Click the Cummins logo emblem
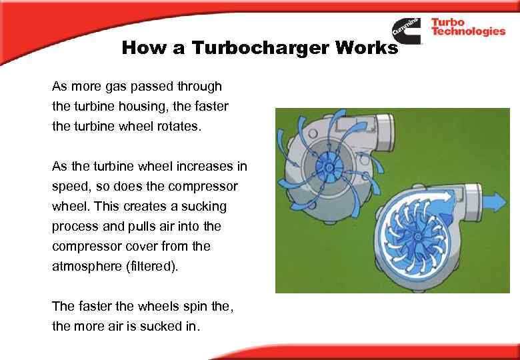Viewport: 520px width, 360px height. click(406, 29)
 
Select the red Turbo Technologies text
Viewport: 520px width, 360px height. click(467, 27)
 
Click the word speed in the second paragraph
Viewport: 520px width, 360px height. click(69, 187)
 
